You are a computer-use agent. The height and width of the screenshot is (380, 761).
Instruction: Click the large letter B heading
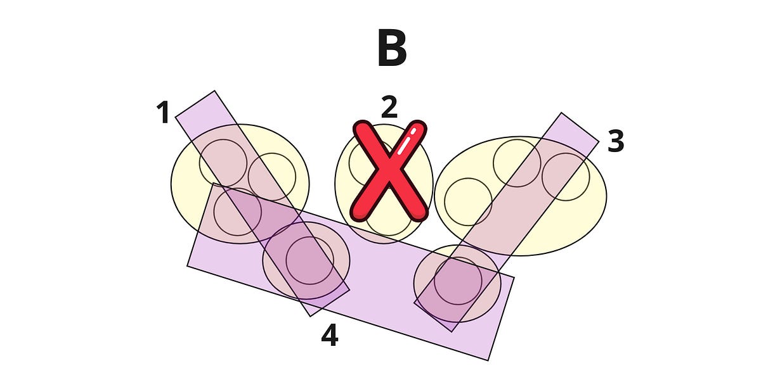[x=391, y=49]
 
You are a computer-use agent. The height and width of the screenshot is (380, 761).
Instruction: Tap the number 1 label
[x=163, y=113]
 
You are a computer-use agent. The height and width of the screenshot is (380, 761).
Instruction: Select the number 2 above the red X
[x=389, y=108]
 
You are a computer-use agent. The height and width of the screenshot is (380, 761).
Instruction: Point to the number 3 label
[x=616, y=142]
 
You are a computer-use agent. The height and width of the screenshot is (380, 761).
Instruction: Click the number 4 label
[x=329, y=336]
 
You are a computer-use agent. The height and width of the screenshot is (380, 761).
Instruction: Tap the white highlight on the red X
[x=407, y=142]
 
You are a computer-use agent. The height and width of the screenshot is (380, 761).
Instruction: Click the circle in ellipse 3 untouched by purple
[x=468, y=202]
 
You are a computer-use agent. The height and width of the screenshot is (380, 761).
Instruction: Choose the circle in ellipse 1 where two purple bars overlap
[x=237, y=212]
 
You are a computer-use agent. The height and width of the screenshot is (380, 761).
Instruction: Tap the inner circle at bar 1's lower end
[x=309, y=260]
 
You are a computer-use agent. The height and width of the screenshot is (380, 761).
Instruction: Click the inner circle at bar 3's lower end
[x=457, y=281]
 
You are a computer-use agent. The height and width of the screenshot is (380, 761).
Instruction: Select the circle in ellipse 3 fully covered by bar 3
[x=566, y=176]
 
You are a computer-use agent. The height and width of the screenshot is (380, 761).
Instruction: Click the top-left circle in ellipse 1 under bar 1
[x=223, y=163]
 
